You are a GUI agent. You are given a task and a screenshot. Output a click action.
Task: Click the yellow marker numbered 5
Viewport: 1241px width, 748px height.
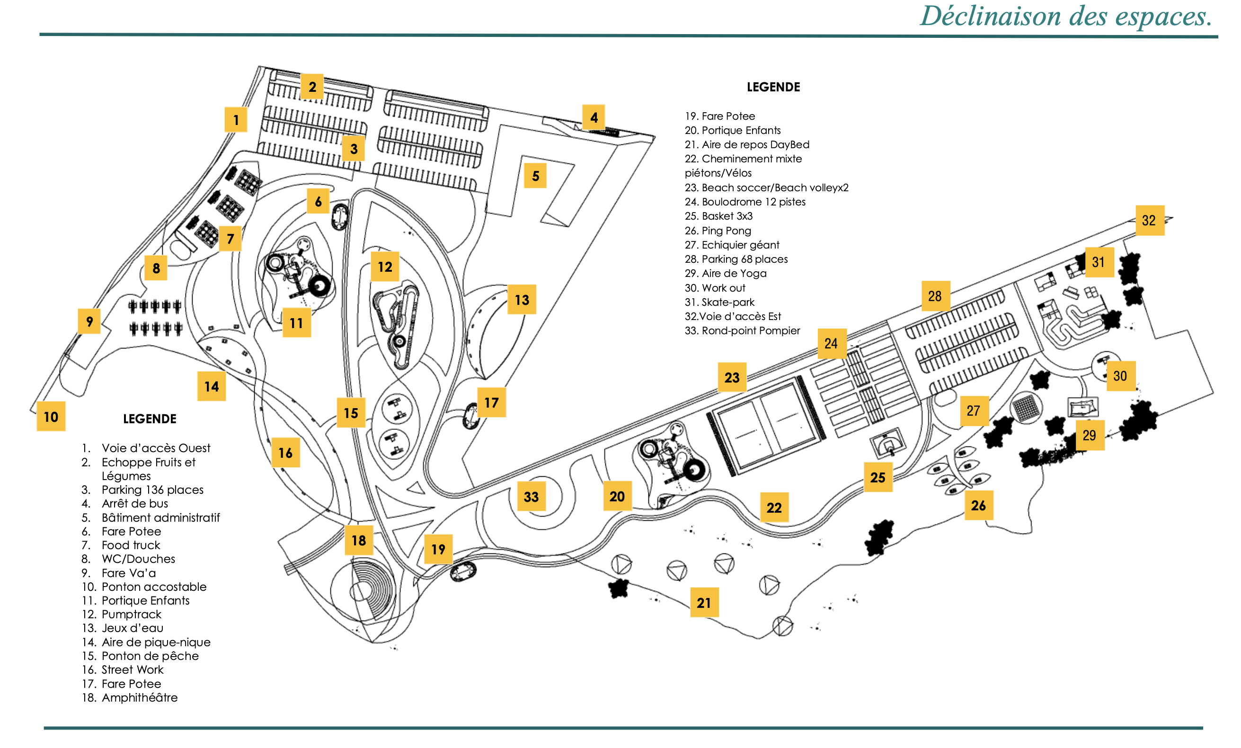535,176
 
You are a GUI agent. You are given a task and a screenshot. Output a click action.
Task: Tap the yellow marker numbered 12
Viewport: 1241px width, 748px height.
385,267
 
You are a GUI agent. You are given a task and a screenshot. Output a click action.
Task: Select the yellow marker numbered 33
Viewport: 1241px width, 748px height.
532,497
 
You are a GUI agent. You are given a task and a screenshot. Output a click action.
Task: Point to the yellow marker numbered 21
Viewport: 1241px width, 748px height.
704,603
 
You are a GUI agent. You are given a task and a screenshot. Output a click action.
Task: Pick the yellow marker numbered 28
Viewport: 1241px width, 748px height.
935,296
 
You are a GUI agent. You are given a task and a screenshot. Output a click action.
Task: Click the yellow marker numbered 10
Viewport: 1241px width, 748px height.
51,417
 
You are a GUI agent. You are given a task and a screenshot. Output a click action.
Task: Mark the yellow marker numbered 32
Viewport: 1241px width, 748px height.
1149,220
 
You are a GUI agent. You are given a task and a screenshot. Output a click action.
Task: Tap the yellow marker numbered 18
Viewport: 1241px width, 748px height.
359,540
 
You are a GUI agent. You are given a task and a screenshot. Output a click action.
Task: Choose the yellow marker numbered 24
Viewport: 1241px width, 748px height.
832,344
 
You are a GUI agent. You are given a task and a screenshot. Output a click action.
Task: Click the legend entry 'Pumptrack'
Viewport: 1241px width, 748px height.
131,614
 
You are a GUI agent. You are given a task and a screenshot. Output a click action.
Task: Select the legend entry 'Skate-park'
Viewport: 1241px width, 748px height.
727,302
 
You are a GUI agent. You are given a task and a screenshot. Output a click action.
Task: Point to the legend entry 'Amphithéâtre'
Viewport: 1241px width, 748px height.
139,698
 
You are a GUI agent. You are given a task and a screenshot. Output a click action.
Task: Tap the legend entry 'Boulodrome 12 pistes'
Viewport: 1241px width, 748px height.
753,202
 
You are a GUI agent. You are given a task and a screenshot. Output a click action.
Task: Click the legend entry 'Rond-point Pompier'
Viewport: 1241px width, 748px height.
751,331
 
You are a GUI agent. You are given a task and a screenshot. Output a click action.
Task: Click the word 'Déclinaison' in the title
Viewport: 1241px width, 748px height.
991,16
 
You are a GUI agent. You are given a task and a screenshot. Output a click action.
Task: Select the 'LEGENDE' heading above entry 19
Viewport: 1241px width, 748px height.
773,87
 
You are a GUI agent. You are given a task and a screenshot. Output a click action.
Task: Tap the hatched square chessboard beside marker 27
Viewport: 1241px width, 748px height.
1026,408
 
